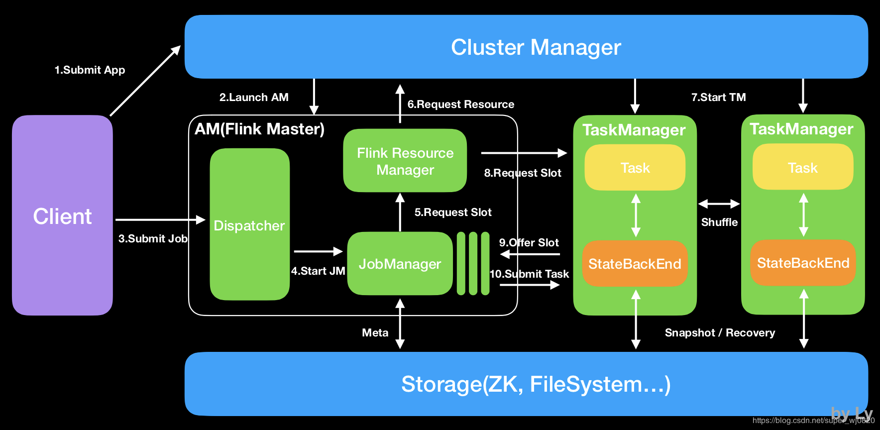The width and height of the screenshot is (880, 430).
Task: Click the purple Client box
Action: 62,215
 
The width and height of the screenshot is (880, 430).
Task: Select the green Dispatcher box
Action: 249,225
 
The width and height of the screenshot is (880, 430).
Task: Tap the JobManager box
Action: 400,264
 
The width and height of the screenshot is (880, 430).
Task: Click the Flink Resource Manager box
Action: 405,161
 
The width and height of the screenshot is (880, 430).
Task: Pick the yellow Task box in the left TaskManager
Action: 635,168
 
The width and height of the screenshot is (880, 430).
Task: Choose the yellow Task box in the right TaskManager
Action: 802,168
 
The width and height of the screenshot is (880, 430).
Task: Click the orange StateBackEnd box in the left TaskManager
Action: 635,264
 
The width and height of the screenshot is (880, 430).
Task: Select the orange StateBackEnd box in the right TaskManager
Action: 803,263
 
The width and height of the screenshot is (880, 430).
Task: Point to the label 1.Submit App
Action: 90,70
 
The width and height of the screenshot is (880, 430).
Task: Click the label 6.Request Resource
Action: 460,105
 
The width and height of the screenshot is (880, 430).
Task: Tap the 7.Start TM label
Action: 718,97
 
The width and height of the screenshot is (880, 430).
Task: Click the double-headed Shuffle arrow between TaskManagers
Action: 719,204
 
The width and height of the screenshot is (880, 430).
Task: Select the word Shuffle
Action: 719,222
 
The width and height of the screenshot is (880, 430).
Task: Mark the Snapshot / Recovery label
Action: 720,332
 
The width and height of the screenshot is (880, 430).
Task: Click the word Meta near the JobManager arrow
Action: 375,332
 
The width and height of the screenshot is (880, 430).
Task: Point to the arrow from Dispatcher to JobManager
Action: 318,252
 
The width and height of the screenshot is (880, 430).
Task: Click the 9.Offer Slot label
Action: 529,242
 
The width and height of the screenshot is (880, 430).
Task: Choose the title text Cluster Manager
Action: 536,47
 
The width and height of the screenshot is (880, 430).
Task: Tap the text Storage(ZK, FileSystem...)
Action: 536,384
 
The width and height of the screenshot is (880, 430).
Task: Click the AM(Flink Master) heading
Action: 259,129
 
